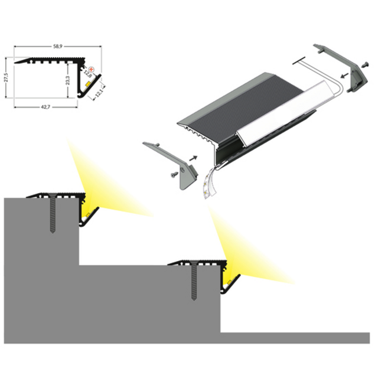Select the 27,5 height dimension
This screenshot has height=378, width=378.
(6, 79)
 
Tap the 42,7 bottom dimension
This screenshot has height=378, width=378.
(44, 107)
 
